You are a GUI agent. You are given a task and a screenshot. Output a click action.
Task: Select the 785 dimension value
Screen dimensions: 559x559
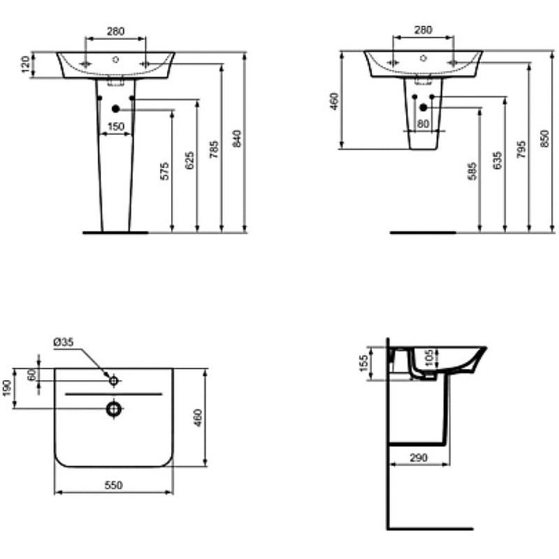click(215, 150)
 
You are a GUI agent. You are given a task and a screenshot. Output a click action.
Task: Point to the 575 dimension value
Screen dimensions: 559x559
click(166, 172)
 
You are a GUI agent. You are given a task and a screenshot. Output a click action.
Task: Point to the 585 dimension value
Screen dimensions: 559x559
click(472, 172)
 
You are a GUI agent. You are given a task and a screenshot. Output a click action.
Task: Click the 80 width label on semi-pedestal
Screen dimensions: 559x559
click(423, 124)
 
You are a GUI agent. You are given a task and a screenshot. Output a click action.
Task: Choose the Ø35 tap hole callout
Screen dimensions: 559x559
click(64, 342)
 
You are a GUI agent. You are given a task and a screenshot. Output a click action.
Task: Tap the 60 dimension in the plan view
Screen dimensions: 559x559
click(31, 375)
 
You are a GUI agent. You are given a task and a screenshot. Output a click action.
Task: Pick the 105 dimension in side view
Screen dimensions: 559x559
click(428, 358)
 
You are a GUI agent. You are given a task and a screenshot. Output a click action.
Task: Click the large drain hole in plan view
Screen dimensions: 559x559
click(113, 408)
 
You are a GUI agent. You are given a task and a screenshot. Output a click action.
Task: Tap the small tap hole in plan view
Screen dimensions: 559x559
click(113, 381)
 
